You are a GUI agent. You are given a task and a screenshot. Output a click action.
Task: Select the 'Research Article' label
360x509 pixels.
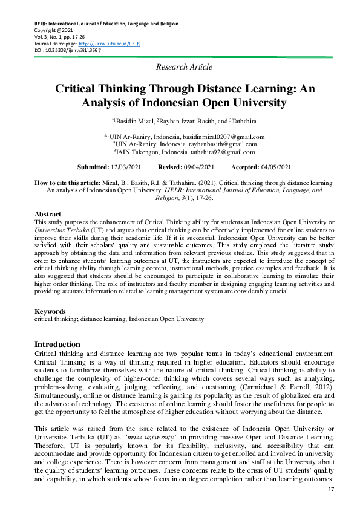click(184, 66)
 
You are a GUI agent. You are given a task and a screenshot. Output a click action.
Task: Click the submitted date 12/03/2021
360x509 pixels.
click(129, 167)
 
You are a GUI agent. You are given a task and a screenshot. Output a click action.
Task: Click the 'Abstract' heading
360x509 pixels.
click(48, 215)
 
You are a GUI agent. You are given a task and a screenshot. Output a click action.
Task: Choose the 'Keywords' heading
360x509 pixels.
click(50, 311)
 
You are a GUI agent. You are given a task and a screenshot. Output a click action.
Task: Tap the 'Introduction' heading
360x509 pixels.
click(57, 344)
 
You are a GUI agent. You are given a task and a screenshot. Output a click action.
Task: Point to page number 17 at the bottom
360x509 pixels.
click(330, 489)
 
